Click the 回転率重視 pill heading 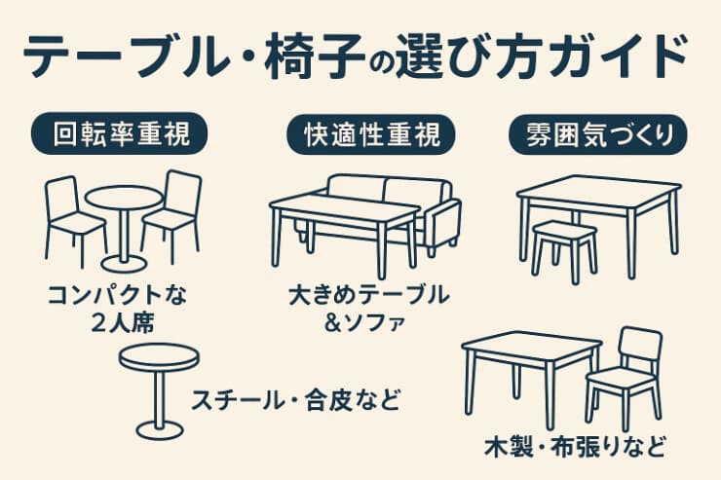(119, 133)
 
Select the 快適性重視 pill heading (371, 134)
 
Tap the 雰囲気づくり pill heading (598, 134)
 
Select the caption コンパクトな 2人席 (118, 309)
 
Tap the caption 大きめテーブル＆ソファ (368, 309)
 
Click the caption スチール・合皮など (295, 399)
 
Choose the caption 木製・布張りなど (575, 447)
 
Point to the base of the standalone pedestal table (160, 430)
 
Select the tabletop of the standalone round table (159, 357)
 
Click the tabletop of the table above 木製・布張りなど (532, 349)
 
